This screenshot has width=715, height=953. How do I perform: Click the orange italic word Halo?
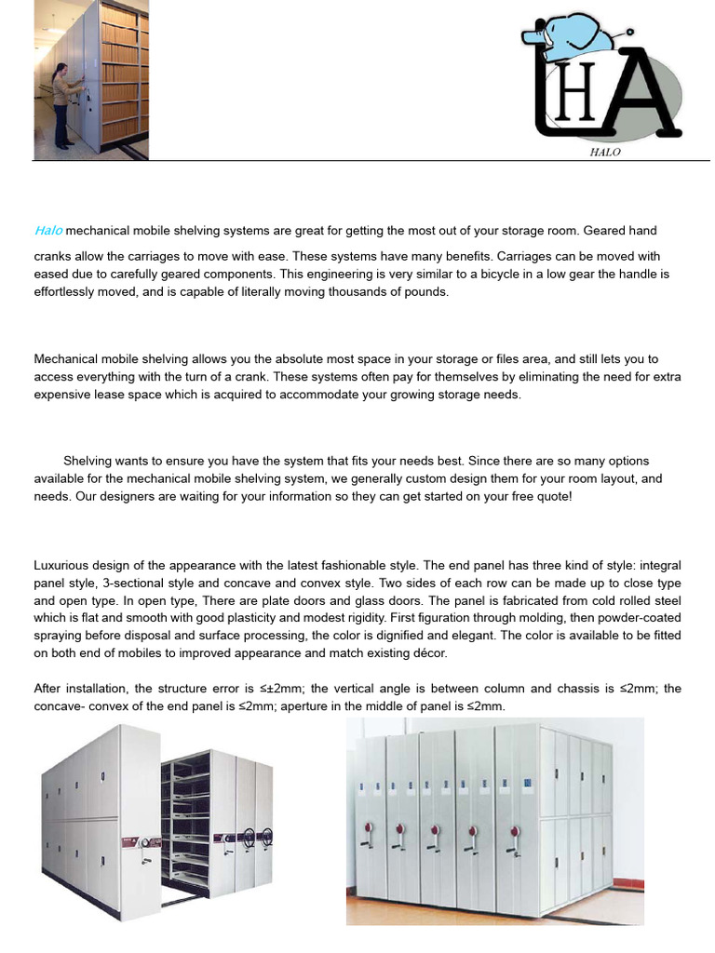pyautogui.click(x=48, y=231)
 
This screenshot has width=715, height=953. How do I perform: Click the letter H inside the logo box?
pyautogui.click(x=573, y=104)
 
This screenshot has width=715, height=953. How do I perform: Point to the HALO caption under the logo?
pyautogui.click(x=605, y=153)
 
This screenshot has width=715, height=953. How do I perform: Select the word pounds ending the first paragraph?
pyautogui.click(x=425, y=292)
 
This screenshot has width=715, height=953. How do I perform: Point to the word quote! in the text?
pyautogui.click(x=553, y=497)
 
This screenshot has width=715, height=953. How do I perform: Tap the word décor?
pyautogui.click(x=428, y=653)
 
